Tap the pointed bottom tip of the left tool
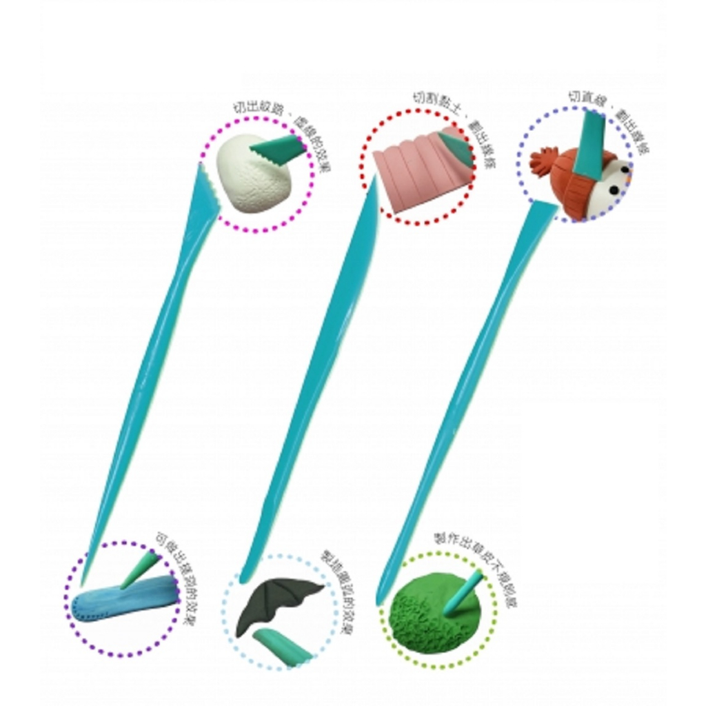pyautogui.click(x=84, y=581)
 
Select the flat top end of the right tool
pyautogui.click(x=544, y=206)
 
